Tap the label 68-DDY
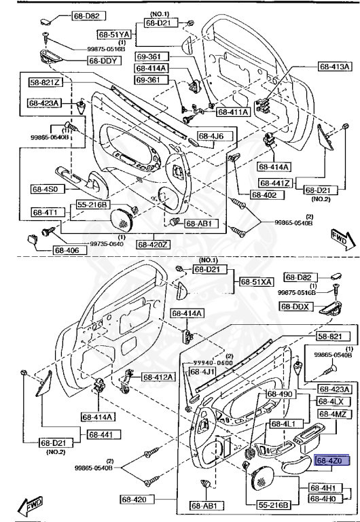102,60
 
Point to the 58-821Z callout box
45,82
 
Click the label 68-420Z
154,244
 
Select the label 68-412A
158,377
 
